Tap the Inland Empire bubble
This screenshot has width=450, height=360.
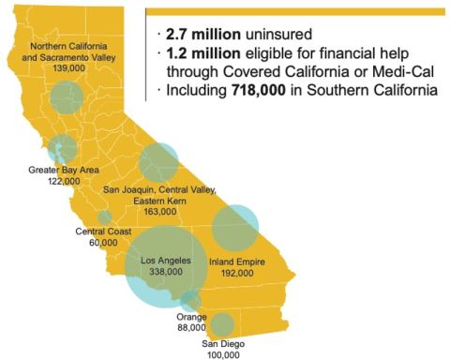pos(234,228)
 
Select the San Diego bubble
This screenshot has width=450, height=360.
pos(221,325)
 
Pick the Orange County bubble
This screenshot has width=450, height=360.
pos(190,301)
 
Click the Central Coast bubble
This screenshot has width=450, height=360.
pos(104,217)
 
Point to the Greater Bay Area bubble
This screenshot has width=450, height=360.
pos(62,148)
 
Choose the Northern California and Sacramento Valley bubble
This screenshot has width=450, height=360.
pos(66,97)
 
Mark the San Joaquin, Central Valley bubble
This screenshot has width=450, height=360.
pos(158,162)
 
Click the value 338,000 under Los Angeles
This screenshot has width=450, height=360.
pos(165,271)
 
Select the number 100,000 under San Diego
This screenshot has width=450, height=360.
pos(222,354)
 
